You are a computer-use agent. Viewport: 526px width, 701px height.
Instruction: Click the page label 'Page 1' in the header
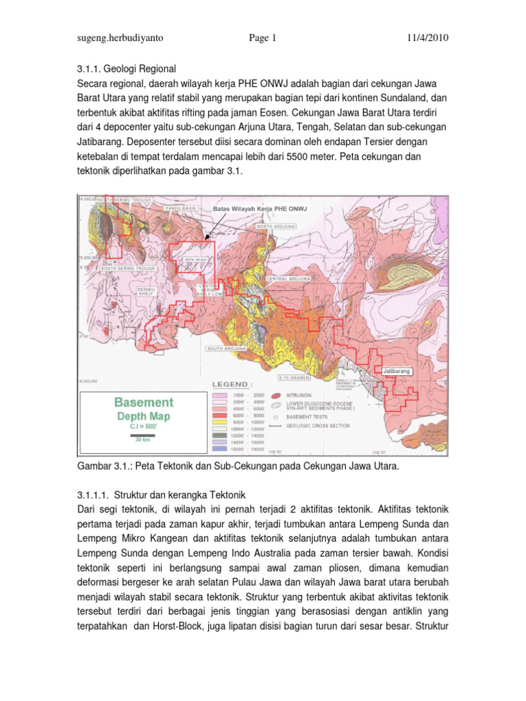(x=262, y=38)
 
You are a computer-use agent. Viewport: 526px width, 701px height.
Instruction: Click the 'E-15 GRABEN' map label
(x=295, y=377)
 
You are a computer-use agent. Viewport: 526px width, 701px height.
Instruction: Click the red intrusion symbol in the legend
(x=276, y=396)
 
